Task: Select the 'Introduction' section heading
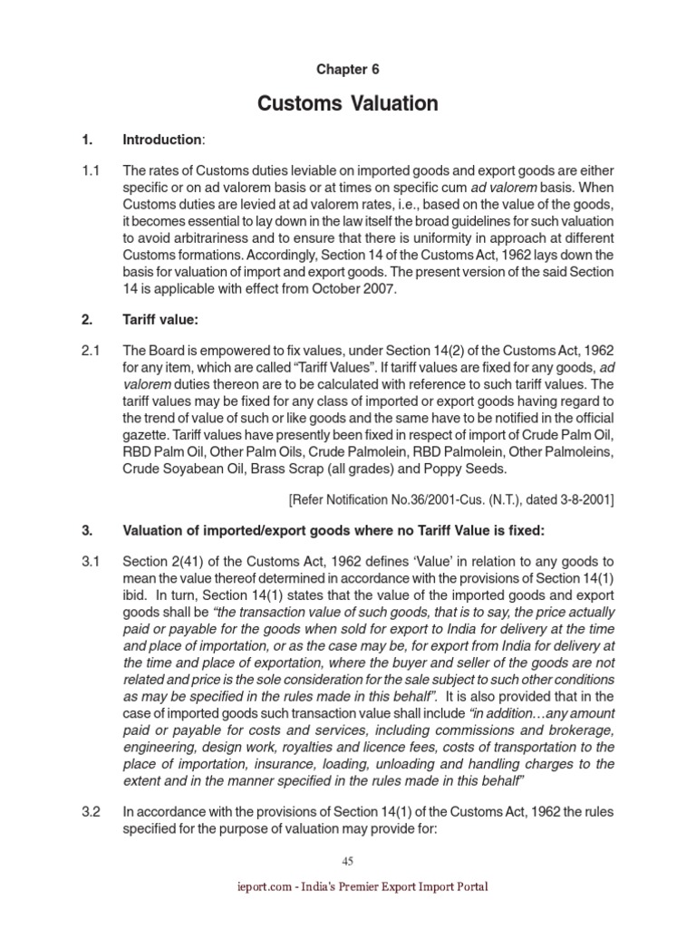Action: tap(162, 140)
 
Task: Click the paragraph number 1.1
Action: tap(92, 169)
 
